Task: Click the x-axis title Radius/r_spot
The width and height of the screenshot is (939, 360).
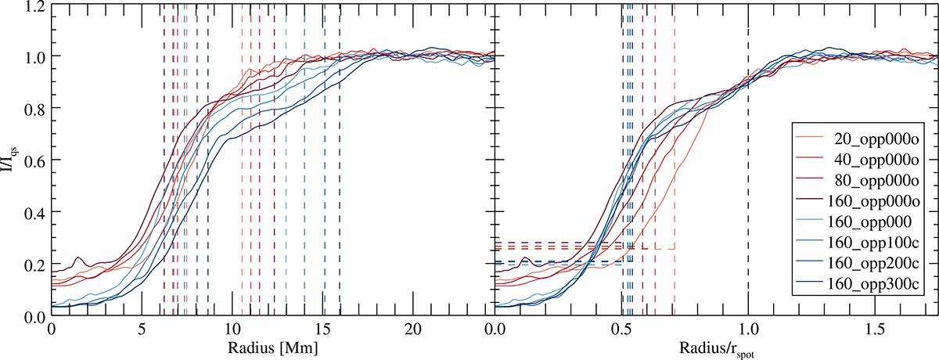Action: coord(715,347)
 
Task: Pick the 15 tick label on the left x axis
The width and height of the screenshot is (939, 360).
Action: coord(323,329)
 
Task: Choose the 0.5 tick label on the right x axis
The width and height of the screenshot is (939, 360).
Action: coord(621,329)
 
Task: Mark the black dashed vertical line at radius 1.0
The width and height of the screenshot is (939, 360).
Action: coord(748,157)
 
